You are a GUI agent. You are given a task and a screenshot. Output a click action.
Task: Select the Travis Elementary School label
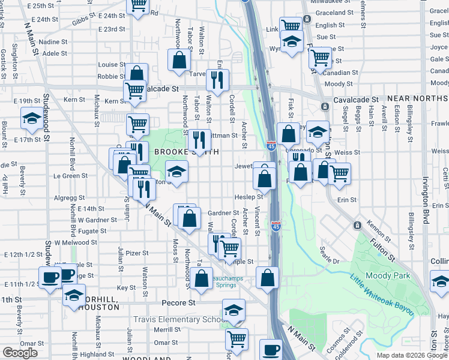(x=178, y=320)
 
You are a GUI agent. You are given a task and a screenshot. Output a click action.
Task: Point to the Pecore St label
(x=178, y=303)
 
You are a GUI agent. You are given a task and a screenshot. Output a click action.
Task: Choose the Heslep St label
(x=249, y=197)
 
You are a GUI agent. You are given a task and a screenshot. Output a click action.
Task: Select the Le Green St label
(x=71, y=176)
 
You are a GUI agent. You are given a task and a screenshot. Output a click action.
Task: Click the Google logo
(x=20, y=353)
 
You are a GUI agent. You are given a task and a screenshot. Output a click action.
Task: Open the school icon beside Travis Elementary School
(x=234, y=310)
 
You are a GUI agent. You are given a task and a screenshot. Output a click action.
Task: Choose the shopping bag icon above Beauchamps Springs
(x=203, y=277)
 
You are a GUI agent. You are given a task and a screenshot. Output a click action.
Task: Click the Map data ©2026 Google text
(x=411, y=355)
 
